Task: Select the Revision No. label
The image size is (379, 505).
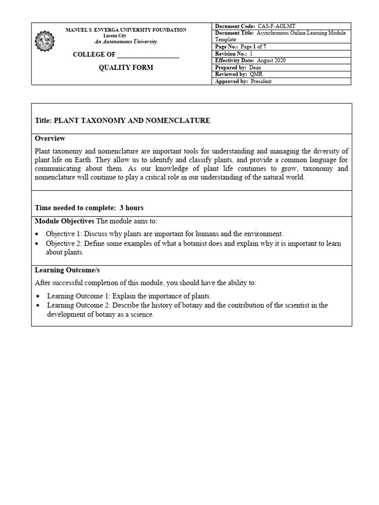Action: coord(231,53)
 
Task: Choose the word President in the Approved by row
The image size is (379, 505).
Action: coord(261,81)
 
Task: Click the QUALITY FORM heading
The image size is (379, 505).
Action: coord(126,68)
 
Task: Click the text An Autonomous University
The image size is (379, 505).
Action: coord(126,42)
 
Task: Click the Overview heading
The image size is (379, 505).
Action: coord(50,139)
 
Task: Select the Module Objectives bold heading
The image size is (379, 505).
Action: coord(64,220)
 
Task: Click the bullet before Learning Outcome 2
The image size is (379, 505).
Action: coord(38,306)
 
